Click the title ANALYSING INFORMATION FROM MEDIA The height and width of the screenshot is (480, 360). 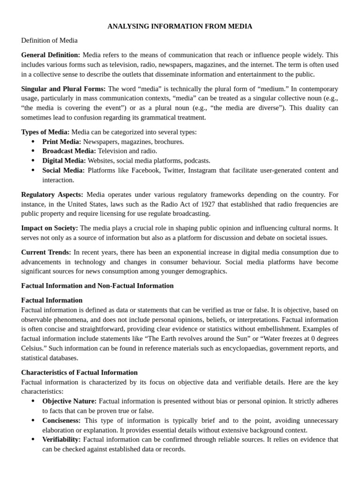click(180, 26)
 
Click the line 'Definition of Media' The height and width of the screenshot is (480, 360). click(49, 40)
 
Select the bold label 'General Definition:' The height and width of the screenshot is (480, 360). click(51, 55)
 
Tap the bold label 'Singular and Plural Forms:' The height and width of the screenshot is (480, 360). click(64, 89)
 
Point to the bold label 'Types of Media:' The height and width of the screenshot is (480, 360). click(45, 132)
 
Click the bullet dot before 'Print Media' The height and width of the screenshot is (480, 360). click(33, 142)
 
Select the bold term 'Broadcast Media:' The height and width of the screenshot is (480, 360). click(69, 151)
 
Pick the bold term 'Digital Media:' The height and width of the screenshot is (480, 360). click(64, 160)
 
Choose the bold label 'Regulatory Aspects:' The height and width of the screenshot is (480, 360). click(52, 194)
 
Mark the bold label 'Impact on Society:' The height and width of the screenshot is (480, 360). click(50, 228)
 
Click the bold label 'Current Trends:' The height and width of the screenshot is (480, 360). click(46, 252)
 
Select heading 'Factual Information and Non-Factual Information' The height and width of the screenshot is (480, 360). click(97, 285)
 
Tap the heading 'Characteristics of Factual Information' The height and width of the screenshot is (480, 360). click(79, 372)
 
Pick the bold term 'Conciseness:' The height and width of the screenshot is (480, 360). click(61, 420)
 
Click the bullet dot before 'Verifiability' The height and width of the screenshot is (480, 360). click(33, 439)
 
